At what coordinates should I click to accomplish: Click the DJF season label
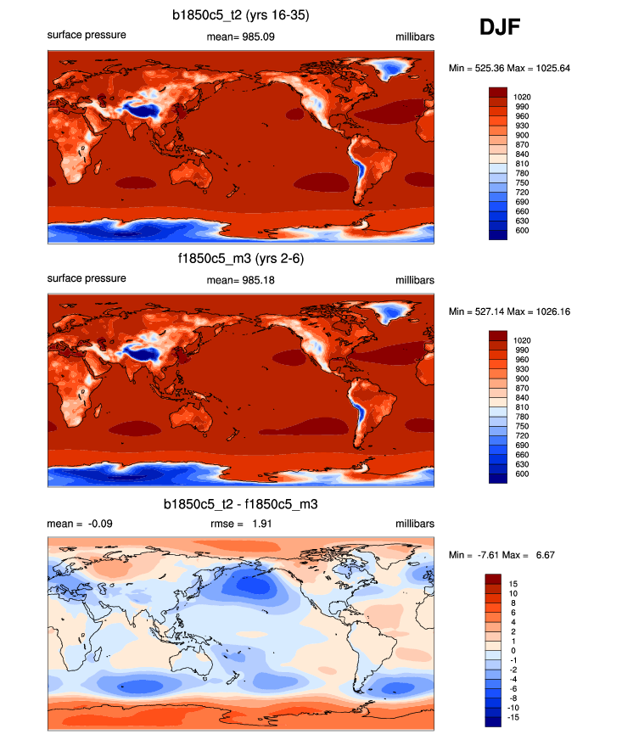pyautogui.click(x=500, y=27)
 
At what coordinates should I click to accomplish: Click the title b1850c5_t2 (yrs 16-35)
pyautogui.click(x=241, y=14)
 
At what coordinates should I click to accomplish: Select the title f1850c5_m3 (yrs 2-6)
pyautogui.click(x=241, y=259)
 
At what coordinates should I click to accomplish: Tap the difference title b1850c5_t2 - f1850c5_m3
pyautogui.click(x=241, y=504)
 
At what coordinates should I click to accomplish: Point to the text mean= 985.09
pyautogui.click(x=241, y=36)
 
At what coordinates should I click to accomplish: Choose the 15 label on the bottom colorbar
pyautogui.click(x=514, y=584)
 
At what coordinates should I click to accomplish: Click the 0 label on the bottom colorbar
pyautogui.click(x=513, y=650)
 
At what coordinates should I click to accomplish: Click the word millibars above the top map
pyautogui.click(x=414, y=36)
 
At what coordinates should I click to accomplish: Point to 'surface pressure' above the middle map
pyautogui.click(x=87, y=278)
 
